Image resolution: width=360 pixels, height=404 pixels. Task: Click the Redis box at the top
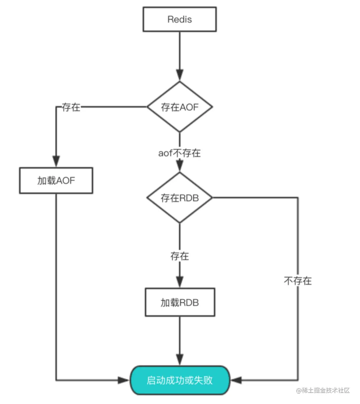point(180,19)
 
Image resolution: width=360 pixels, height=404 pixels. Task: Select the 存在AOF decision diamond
point(180,107)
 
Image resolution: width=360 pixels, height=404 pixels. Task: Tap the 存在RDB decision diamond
point(180,198)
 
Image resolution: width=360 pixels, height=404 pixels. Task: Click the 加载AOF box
point(56,181)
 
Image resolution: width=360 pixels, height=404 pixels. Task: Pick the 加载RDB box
point(180,303)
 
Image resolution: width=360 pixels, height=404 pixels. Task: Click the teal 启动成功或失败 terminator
point(180,381)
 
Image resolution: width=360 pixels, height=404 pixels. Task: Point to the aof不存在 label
point(180,153)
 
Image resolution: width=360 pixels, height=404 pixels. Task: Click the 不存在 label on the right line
point(297,280)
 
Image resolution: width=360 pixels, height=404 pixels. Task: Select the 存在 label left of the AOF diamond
point(71,107)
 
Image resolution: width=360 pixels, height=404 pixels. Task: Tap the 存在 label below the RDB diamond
point(180,256)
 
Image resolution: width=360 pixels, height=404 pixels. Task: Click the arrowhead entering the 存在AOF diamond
point(180,75)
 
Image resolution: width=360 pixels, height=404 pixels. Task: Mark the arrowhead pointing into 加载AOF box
point(56,161)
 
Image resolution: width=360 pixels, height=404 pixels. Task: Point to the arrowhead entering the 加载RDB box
point(180,281)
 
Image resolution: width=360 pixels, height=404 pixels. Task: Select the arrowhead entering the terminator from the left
point(124,380)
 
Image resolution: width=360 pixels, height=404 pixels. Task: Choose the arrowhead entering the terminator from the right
point(236,380)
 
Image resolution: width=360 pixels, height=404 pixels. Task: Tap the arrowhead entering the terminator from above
point(180,360)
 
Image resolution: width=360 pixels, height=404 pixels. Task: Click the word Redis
point(180,19)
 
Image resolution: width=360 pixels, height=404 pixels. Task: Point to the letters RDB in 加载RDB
point(189,303)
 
